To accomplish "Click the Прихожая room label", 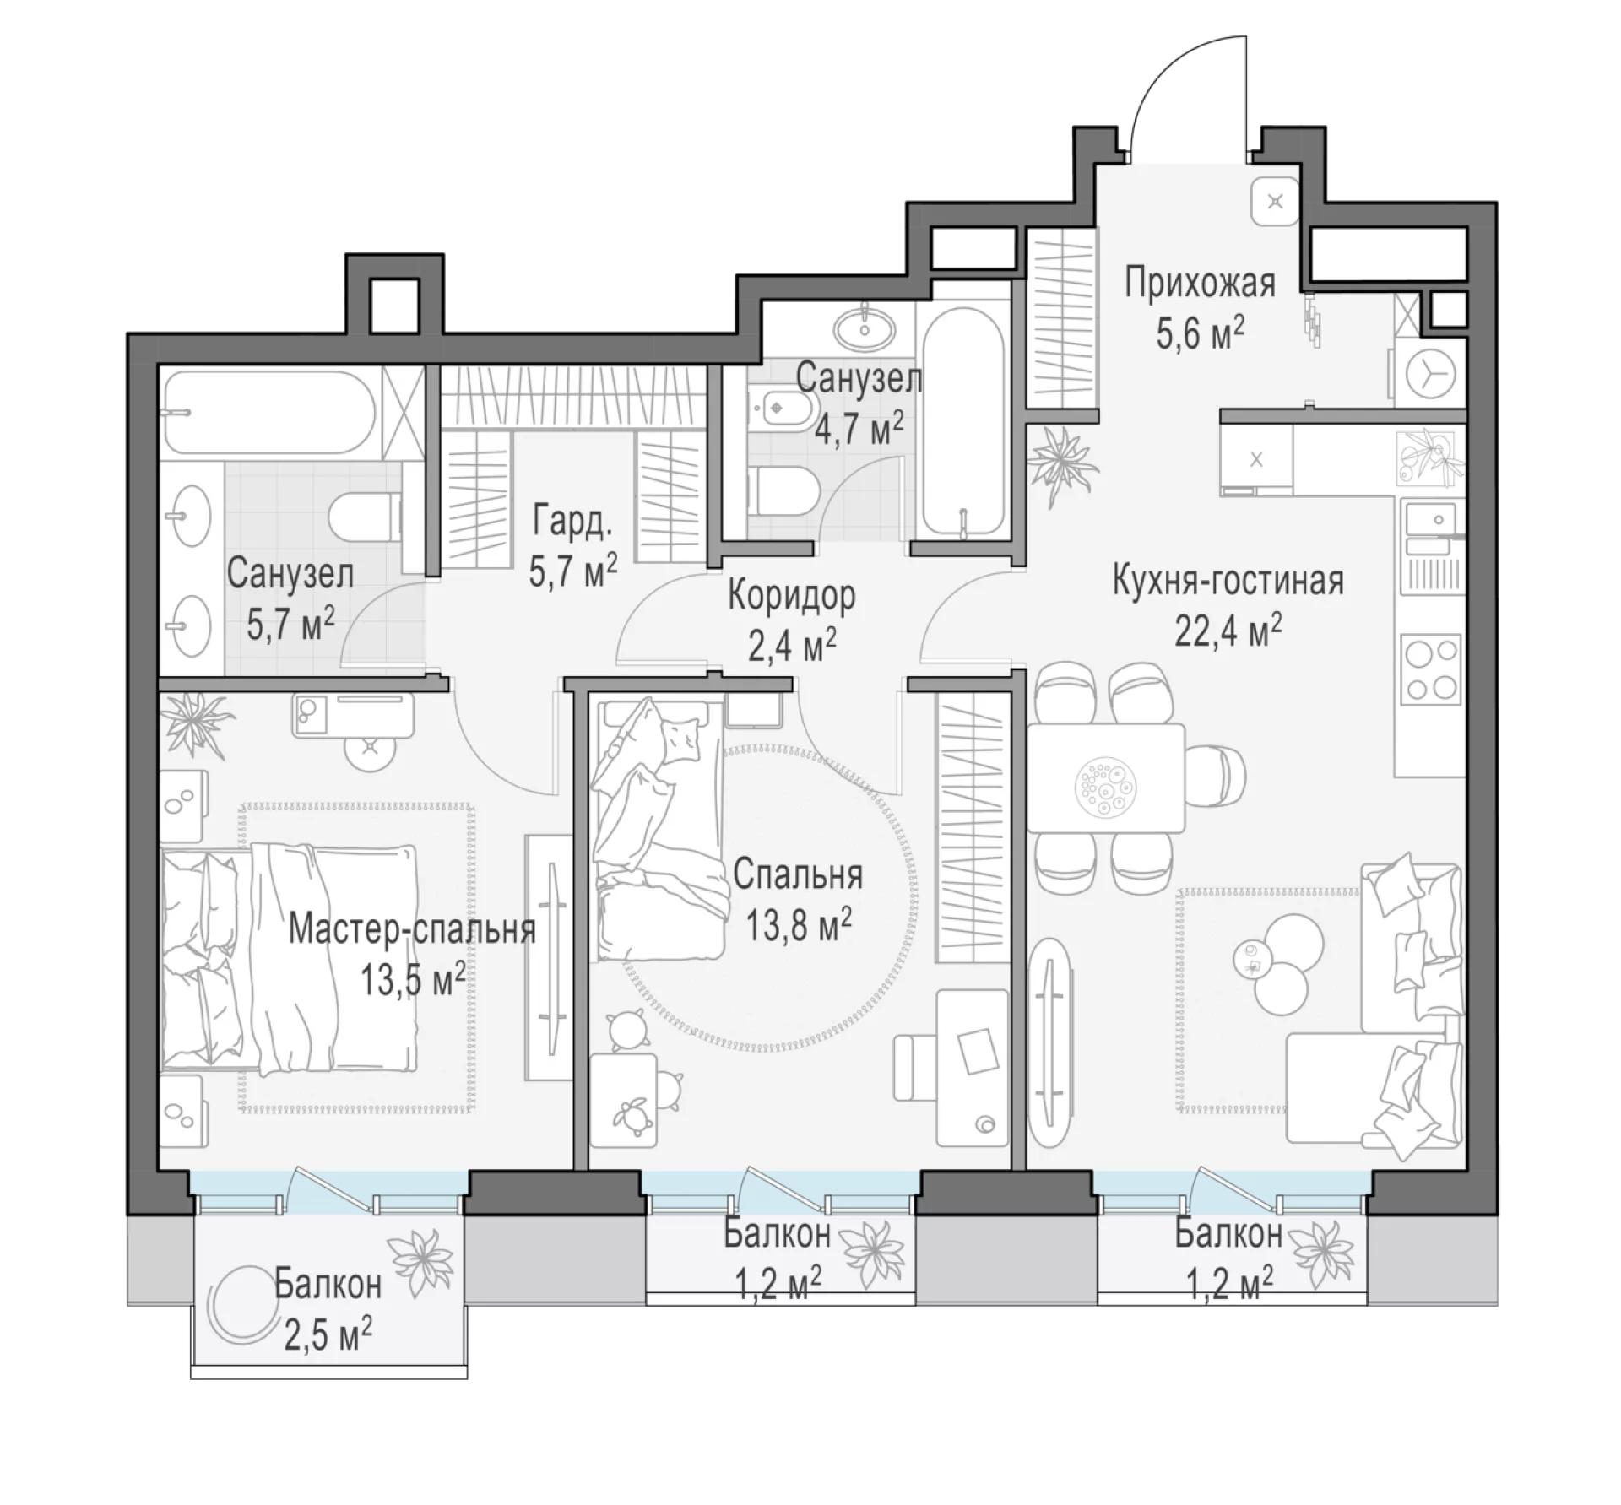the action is (x=1200, y=284).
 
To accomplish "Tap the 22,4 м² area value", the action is (x=1228, y=630).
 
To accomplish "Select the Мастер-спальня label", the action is (x=412, y=929).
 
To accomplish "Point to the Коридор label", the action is (x=792, y=596).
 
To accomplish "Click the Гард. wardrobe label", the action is (x=572, y=523).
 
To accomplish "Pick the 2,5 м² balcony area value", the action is (x=328, y=1337).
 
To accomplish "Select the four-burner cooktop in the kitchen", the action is (x=1430, y=670).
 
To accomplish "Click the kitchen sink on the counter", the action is (x=1431, y=524).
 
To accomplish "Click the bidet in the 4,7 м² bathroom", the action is (x=777, y=409).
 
